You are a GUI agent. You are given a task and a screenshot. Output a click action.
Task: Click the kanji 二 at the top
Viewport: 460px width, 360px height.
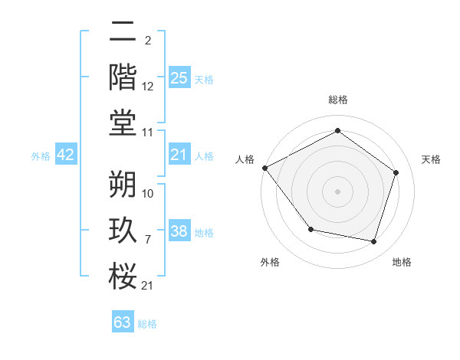[x=123, y=31]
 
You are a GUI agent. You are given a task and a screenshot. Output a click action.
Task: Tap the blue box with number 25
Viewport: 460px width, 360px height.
[x=179, y=77]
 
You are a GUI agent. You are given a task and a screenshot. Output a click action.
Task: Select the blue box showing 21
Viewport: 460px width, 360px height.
[x=179, y=155]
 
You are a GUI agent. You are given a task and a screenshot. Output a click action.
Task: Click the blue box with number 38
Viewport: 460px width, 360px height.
[x=179, y=231]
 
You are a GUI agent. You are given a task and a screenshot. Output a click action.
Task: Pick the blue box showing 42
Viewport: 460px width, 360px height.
[x=66, y=155]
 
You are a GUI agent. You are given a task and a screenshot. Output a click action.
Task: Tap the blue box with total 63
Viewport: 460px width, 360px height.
[x=123, y=322]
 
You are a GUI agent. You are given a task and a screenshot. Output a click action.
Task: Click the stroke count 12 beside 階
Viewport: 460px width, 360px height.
[x=148, y=87]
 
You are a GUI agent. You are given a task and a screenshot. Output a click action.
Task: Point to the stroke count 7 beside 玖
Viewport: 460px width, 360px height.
[x=148, y=241]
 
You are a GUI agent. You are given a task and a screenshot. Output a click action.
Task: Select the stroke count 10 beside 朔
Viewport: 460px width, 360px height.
[x=148, y=193]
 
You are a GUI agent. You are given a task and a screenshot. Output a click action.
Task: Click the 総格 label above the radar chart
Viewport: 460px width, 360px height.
[x=337, y=100]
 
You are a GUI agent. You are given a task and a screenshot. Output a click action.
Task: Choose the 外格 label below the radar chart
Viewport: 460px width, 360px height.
[x=270, y=262]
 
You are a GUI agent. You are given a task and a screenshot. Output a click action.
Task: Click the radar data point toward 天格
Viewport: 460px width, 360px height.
[x=396, y=172]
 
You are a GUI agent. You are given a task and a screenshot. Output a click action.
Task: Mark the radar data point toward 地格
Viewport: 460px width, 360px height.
[x=374, y=241]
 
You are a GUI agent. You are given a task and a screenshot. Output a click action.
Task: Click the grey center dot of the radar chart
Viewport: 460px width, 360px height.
[x=337, y=191]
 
